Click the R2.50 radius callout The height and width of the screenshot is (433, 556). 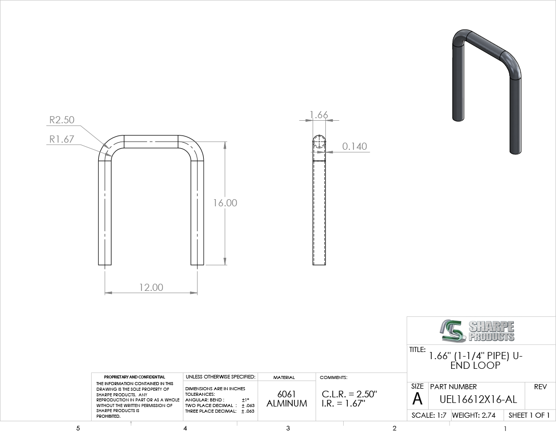coord(62,120)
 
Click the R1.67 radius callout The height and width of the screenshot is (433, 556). coord(62,139)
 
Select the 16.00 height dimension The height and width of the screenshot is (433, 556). coord(225,203)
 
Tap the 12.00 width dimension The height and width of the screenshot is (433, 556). coord(151,287)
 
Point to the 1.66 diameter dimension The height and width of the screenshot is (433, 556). coord(319,115)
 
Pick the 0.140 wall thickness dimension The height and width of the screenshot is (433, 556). coord(354,146)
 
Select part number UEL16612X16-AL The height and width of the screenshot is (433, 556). coord(478,400)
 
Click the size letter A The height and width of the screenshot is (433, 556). coord(418,399)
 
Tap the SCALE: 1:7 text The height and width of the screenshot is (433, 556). coord(429,415)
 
